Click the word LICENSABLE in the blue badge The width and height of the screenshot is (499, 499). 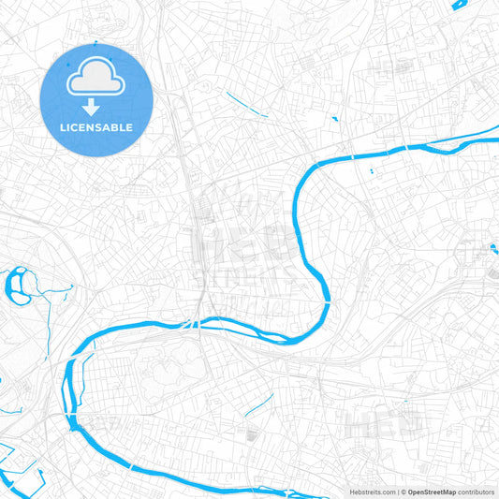point(95,126)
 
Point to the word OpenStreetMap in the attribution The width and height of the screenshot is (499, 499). point(431,492)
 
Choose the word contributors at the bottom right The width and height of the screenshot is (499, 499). point(476,492)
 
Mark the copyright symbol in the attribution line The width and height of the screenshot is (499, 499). point(403,492)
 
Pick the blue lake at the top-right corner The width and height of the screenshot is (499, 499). point(461,5)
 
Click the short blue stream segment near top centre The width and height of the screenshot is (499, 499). point(246,103)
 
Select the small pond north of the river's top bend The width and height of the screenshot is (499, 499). point(333,118)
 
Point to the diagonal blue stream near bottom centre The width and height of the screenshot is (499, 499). point(258,404)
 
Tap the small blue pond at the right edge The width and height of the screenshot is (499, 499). point(493,249)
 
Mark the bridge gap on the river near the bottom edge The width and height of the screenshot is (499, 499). point(131,465)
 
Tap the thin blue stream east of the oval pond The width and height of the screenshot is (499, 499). point(56,292)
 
